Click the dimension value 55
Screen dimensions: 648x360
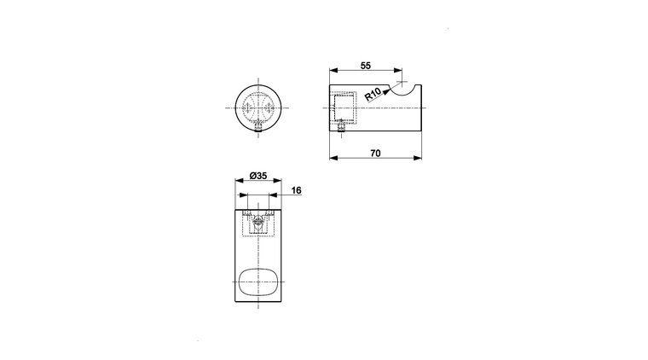366,66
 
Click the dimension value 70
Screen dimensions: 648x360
375,154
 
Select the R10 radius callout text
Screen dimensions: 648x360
373,95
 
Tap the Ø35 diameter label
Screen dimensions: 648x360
258,176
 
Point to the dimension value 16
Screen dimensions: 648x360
297,190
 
